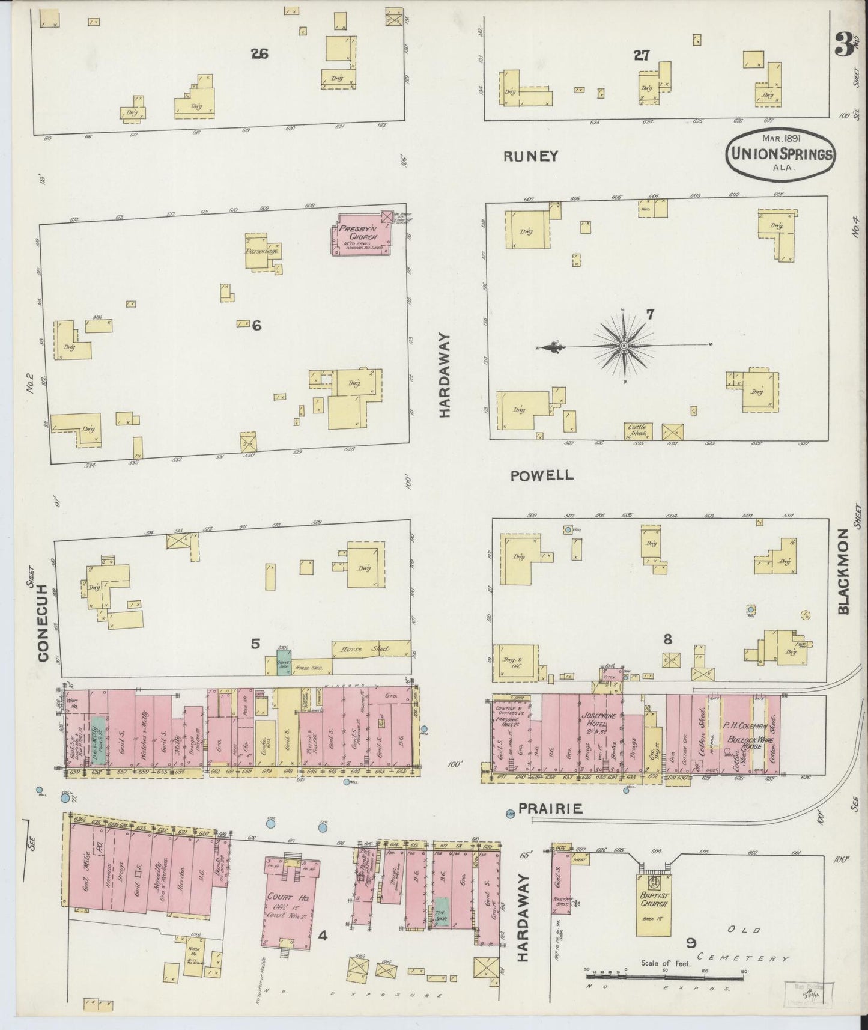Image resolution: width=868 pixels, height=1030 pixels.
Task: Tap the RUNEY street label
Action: click(531, 156)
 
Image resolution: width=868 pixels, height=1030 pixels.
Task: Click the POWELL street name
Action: click(542, 475)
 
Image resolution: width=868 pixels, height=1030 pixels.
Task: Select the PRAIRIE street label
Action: click(550, 809)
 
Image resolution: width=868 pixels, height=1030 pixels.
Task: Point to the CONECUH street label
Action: click(43, 622)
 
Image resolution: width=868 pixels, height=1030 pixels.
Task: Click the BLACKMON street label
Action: click(843, 571)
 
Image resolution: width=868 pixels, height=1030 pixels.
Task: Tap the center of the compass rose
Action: click(624, 346)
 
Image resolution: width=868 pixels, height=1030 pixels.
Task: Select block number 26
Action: click(259, 54)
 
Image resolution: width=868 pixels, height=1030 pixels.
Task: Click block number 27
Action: click(641, 55)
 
